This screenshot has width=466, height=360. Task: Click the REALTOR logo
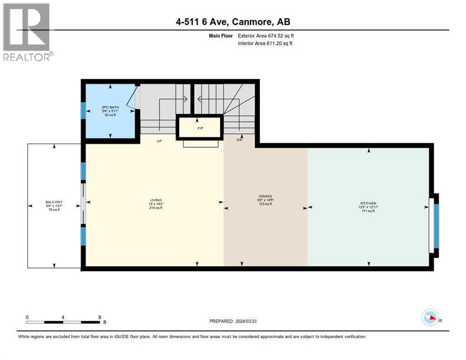tap(27, 32)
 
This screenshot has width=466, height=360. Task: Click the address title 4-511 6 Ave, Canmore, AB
tap(233, 22)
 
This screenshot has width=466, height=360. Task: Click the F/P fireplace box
tap(199, 127)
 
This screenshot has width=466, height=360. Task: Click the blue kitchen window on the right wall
tap(436, 226)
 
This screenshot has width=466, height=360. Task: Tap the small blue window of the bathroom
tap(83, 111)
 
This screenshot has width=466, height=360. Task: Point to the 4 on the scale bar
tap(63, 317)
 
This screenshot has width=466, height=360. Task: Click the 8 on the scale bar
tap(99, 317)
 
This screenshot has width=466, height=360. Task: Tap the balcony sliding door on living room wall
tap(83, 204)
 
